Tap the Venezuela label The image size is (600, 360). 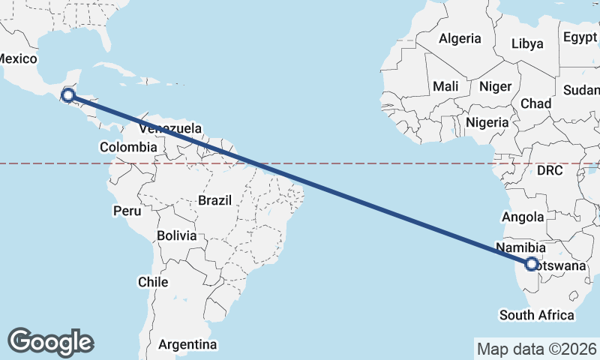pos(170,129)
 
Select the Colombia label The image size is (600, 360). pos(128,147)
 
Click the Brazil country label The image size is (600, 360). pos(215,200)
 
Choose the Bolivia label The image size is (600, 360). pos(177,235)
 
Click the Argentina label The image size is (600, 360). pos(187,344)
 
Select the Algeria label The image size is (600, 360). pos(459,38)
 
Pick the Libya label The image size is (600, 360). pos(526,43)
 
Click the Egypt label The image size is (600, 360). pos(580,37)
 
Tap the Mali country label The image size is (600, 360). pos(445,86)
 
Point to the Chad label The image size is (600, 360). pos(535,103)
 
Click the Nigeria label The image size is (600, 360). pos(487,121)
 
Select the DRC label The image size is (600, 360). pos(550,170)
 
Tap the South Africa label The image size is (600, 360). pos(537,315)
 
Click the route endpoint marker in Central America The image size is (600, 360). pos(68,94)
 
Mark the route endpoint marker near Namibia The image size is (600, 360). pos(532,264)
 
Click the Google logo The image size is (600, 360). pos(50,341)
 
